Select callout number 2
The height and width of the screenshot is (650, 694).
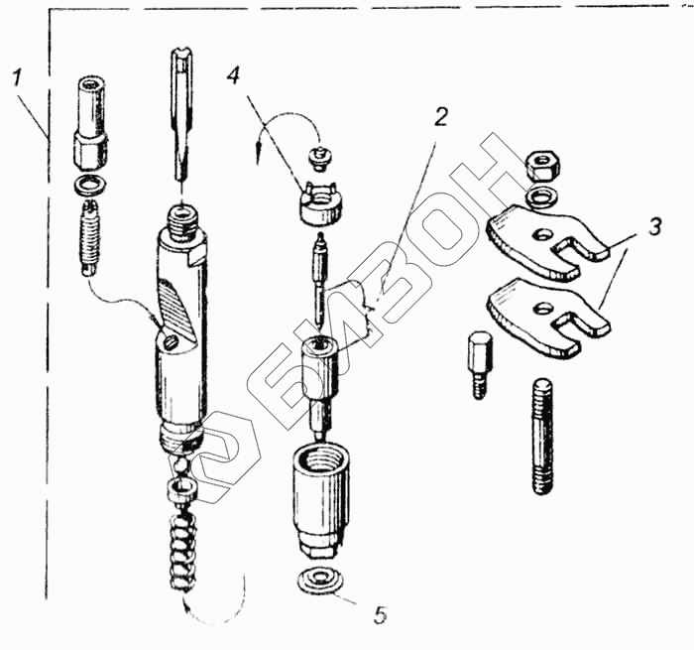click(440, 117)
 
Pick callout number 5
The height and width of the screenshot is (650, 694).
click(381, 615)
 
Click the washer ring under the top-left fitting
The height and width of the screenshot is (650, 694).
click(90, 185)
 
